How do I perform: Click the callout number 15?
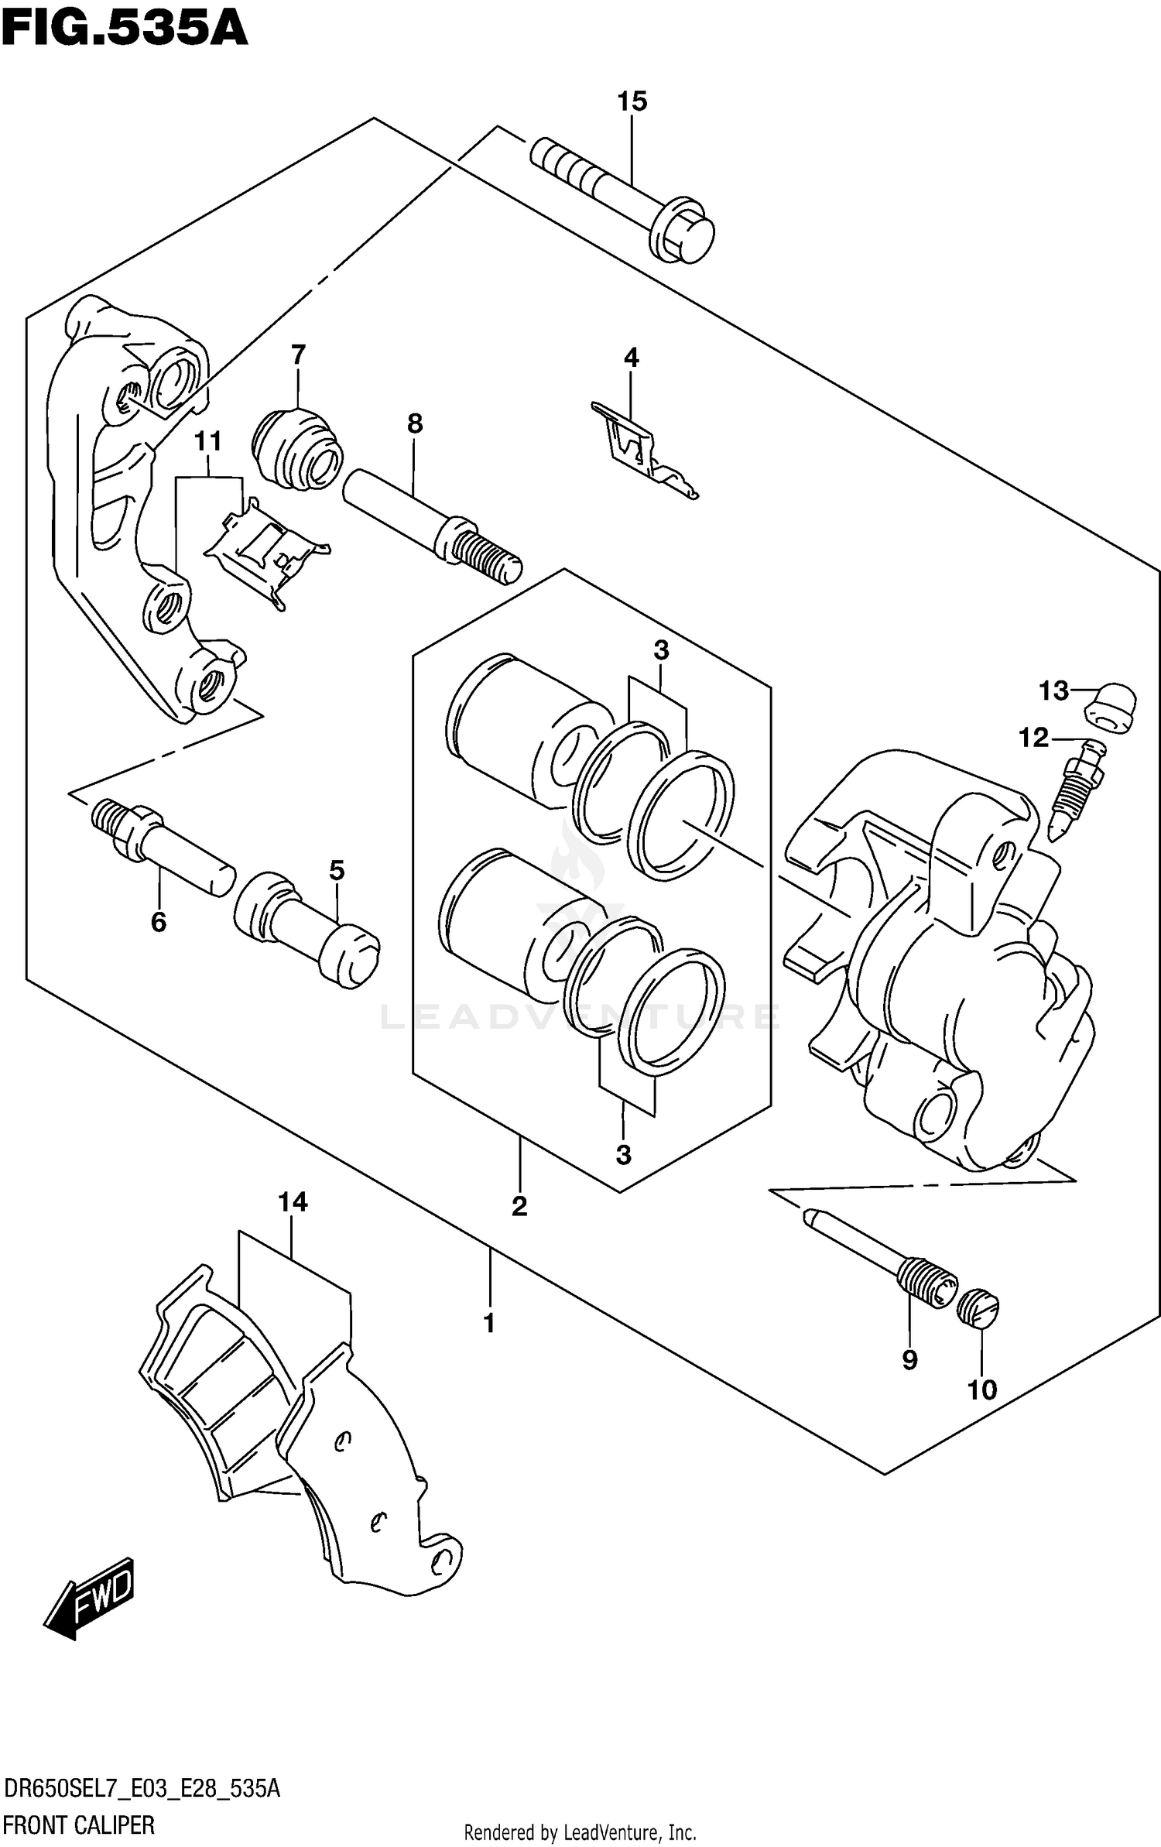[x=632, y=101]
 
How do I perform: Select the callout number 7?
[x=298, y=355]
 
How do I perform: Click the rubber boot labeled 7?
[x=296, y=450]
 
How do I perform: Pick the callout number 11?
[x=207, y=442]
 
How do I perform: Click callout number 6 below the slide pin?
[x=159, y=922]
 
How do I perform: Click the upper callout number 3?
[x=660, y=651]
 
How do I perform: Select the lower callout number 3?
[x=623, y=1155]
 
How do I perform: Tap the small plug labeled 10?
[x=979, y=1308]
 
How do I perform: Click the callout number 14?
[x=293, y=1202]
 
